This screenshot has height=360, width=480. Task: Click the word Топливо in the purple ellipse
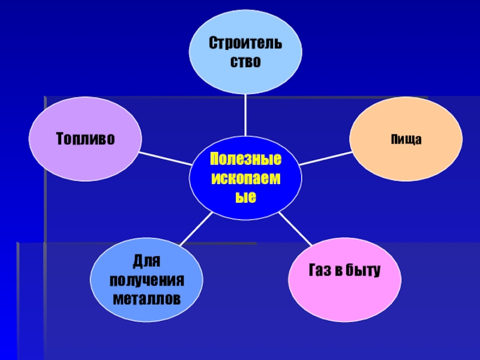pyautogui.click(x=86, y=139)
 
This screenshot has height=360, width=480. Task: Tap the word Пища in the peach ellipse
pyautogui.click(x=406, y=140)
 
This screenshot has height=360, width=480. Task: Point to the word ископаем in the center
pyautogui.click(x=245, y=179)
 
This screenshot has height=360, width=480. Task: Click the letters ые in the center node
pyautogui.click(x=245, y=197)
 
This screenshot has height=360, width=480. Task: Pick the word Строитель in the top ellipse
pyautogui.click(x=246, y=44)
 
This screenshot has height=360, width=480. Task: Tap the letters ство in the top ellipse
pyautogui.click(x=246, y=62)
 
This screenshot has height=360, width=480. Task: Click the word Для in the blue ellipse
pyautogui.click(x=146, y=262)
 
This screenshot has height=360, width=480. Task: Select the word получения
pyautogui.click(x=146, y=280)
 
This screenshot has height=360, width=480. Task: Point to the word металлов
pyautogui.click(x=146, y=298)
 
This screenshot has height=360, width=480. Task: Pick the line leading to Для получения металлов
pyautogui.click(x=194, y=229)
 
